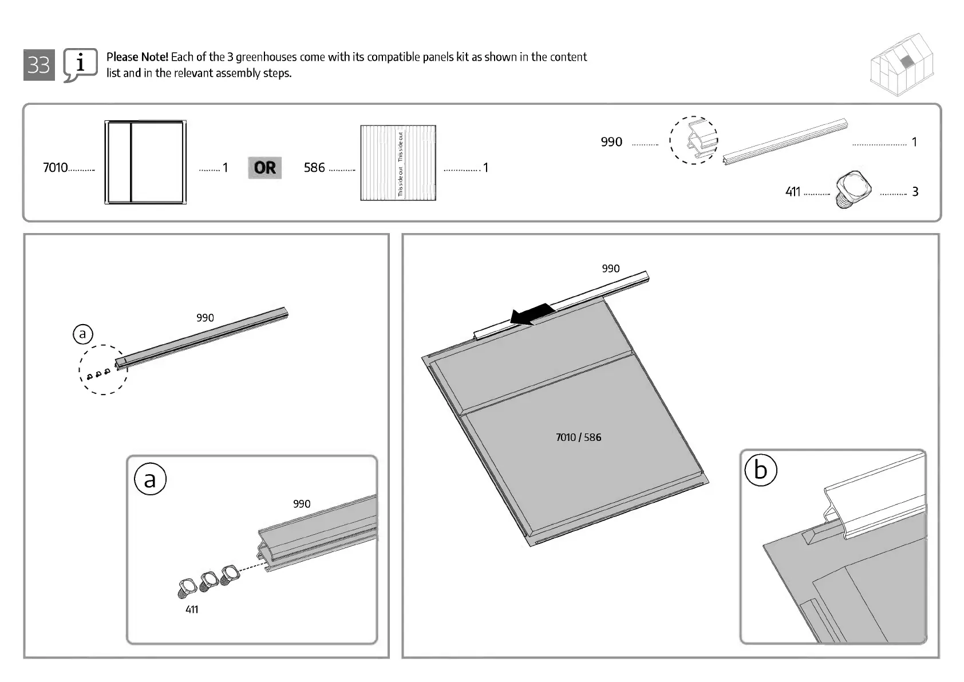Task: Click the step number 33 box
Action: [x=39, y=65]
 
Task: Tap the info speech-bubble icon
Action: [x=80, y=65]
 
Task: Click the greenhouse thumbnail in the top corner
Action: [x=902, y=64]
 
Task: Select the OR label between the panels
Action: [x=264, y=168]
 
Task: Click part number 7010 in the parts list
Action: [x=55, y=168]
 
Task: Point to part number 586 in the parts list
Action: [x=314, y=168]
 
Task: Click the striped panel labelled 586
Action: [x=398, y=163]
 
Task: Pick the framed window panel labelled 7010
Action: [x=145, y=162]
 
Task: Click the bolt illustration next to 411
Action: [x=853, y=189]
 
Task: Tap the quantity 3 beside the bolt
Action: [x=915, y=192]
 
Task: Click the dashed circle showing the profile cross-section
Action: [x=693, y=140]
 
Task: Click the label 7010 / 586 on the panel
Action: [x=578, y=437]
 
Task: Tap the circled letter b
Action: [x=760, y=470]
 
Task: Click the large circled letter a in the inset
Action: [x=150, y=479]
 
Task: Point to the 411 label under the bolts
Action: [x=192, y=610]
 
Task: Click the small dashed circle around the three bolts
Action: [x=103, y=370]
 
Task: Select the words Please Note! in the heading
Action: [x=137, y=57]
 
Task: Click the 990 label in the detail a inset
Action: [x=302, y=504]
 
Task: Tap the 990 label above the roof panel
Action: [x=610, y=269]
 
